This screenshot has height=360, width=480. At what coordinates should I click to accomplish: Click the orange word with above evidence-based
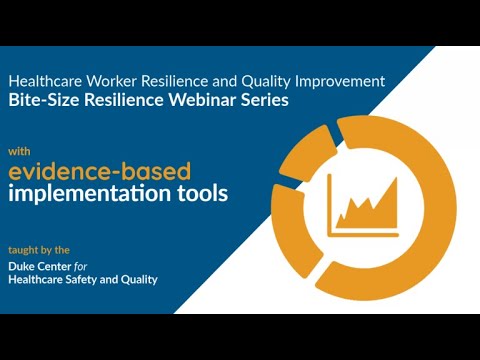coord(19,151)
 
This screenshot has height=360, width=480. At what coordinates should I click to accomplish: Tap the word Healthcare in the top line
coord(44,78)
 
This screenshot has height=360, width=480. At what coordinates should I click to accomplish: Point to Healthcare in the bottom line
coord(36,279)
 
